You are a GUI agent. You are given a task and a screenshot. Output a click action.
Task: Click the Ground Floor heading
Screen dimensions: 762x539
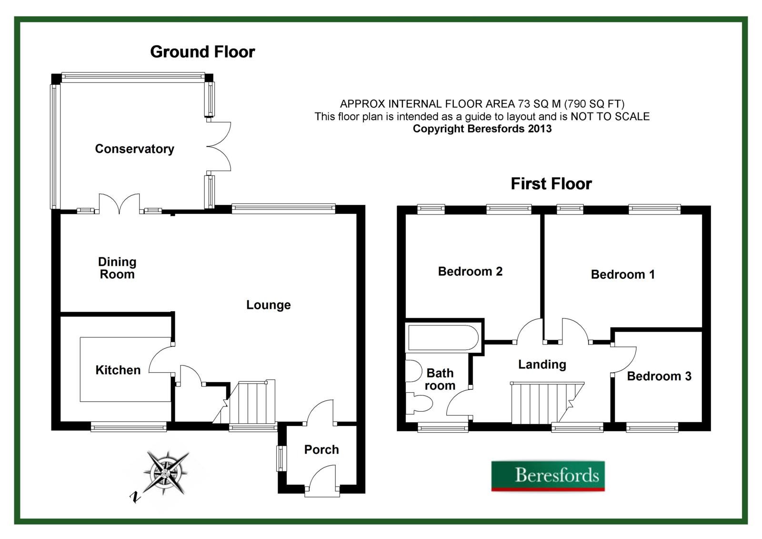coord(202,51)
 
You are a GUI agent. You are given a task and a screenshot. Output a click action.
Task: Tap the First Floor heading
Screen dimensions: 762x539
coord(551,183)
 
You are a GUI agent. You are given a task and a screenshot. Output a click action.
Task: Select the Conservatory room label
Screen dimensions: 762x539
coord(134,149)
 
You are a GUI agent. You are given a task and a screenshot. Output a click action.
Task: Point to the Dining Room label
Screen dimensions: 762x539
coord(117,268)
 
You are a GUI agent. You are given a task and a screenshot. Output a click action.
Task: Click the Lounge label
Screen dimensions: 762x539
coord(268,305)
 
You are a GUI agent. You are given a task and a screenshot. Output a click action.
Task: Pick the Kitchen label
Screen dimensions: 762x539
coord(118,370)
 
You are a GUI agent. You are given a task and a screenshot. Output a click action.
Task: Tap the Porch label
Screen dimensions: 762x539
coord(321,449)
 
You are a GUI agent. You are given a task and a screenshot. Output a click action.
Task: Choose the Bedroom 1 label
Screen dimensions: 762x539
coord(622,275)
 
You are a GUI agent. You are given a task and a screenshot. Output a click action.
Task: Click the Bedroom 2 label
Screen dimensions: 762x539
coord(470,272)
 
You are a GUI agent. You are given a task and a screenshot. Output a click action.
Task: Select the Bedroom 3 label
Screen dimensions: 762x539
coord(659,376)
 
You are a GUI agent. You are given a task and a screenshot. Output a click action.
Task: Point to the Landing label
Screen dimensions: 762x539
coord(542,365)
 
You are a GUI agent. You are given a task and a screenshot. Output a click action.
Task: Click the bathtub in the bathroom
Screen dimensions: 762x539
coord(443,338)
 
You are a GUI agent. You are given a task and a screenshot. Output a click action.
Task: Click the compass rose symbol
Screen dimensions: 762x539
coord(166,473)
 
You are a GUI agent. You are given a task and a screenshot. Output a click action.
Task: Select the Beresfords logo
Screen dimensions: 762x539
coord(548,476)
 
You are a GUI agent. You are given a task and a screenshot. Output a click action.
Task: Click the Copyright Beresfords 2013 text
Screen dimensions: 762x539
coord(482,129)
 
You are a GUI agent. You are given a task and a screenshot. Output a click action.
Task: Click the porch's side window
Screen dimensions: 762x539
coord(282,458)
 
